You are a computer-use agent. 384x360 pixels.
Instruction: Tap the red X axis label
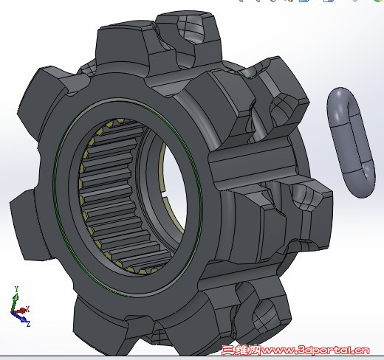coord(27,309)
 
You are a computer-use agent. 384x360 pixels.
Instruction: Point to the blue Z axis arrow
coord(20,316)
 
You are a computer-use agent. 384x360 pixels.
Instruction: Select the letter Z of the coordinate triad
coord(28,324)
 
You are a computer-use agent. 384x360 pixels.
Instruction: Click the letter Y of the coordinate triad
coord(16,289)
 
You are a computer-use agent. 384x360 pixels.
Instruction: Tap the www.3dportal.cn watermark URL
coord(315,350)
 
